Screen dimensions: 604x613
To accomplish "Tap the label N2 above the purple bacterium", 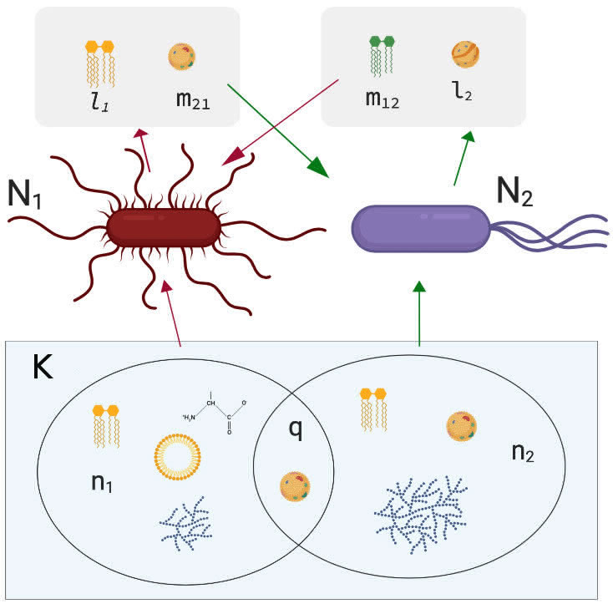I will click(516, 193).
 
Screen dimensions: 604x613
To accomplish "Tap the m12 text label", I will click(382, 100).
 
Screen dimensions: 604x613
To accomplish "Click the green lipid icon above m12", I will click(381, 58).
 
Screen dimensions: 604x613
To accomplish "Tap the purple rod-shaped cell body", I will click(421, 227).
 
